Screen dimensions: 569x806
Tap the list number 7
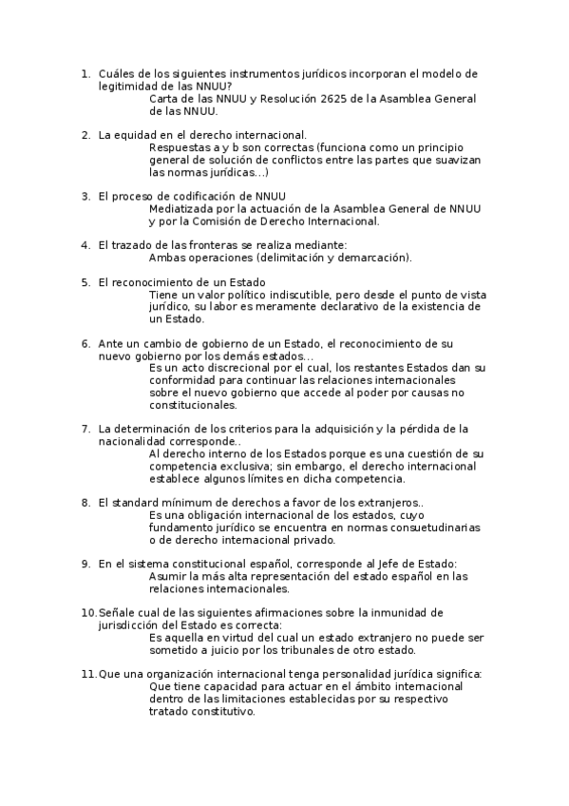85,429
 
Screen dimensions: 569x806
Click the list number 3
85,196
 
